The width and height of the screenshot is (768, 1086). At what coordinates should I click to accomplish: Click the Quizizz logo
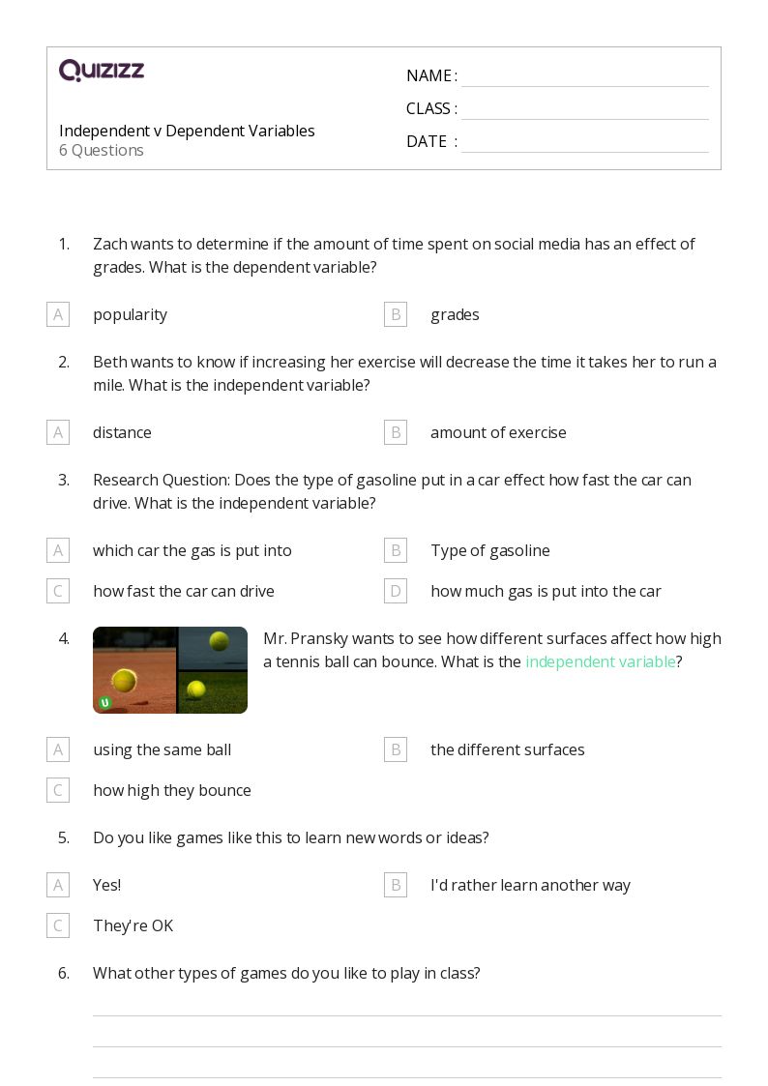tap(102, 71)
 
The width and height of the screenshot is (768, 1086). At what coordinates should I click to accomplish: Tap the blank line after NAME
tap(584, 77)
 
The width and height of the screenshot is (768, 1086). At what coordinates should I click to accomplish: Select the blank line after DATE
tap(584, 143)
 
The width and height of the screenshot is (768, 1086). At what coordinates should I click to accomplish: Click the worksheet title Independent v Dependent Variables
tap(187, 131)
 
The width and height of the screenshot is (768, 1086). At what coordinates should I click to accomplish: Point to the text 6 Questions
tap(102, 150)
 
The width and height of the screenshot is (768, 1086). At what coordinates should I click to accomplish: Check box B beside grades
tap(396, 314)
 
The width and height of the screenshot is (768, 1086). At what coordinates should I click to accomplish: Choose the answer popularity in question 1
tap(130, 314)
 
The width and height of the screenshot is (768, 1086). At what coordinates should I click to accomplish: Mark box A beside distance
tap(58, 432)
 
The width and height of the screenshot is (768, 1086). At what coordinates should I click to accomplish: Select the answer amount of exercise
tap(498, 432)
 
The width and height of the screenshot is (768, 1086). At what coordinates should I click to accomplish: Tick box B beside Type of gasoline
tap(396, 550)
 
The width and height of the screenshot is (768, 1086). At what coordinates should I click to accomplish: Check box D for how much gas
tap(396, 591)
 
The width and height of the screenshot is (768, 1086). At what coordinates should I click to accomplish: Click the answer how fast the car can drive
tap(184, 591)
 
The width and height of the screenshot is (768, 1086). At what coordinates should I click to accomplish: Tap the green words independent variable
tap(600, 661)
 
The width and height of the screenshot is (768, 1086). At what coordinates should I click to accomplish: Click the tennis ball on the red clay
tap(124, 680)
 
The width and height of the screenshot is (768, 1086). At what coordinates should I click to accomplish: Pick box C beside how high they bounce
tap(58, 790)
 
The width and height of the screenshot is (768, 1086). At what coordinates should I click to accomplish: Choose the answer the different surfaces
tap(507, 749)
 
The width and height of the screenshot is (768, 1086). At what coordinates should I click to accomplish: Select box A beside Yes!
tap(58, 885)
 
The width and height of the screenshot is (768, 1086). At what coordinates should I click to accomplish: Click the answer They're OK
tap(133, 925)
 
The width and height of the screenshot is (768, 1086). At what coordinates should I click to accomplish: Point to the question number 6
tap(64, 973)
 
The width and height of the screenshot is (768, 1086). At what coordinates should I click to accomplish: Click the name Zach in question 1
tap(109, 244)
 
